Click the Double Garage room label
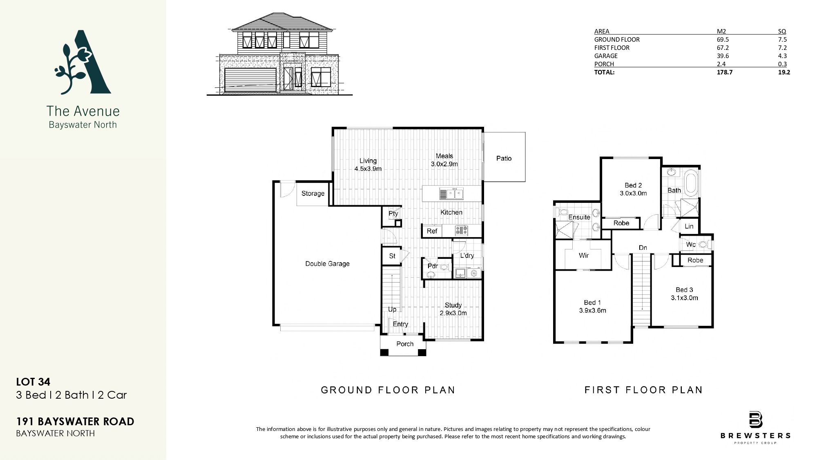click(x=327, y=264)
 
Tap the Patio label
click(x=504, y=158)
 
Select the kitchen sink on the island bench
click(x=451, y=193)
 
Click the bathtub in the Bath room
click(x=692, y=184)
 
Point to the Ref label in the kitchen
click(x=432, y=231)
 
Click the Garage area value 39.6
click(x=723, y=56)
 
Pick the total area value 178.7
click(x=725, y=72)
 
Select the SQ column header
click(x=782, y=31)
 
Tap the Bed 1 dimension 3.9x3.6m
click(x=592, y=310)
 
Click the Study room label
click(x=453, y=305)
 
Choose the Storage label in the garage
click(x=313, y=193)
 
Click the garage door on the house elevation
click(x=250, y=80)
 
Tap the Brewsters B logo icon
click(x=755, y=420)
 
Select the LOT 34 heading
click(x=33, y=382)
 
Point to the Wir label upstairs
click(x=584, y=256)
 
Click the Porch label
click(x=405, y=344)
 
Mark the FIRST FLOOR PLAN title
click(x=643, y=390)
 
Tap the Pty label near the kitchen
click(x=393, y=213)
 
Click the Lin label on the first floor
click(x=689, y=226)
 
